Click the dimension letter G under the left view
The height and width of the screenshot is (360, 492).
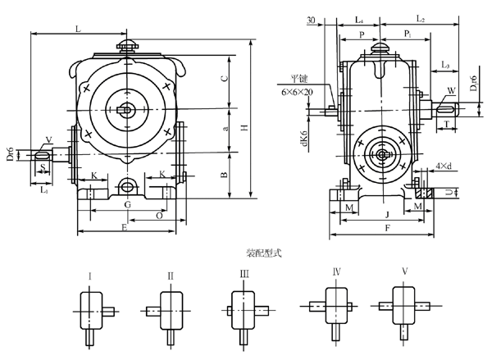[x=127, y=203]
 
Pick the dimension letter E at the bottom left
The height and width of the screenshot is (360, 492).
[x=124, y=227]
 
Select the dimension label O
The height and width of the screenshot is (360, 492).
[x=157, y=215]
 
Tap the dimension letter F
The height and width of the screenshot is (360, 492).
[x=385, y=229]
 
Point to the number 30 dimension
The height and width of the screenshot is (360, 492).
[x=311, y=19]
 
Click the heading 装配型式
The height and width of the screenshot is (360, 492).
[x=263, y=254]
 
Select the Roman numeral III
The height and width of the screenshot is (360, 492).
[x=244, y=276]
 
